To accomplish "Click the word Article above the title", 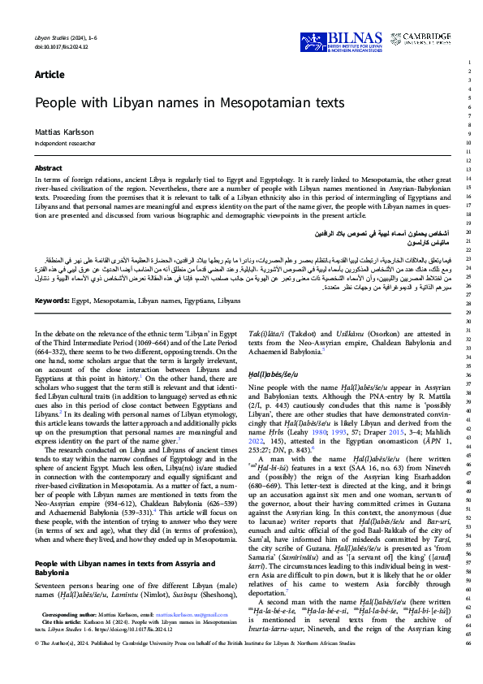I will tap(50, 75).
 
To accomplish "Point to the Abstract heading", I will tap(48, 168).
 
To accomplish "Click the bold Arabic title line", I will tap(374, 233).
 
